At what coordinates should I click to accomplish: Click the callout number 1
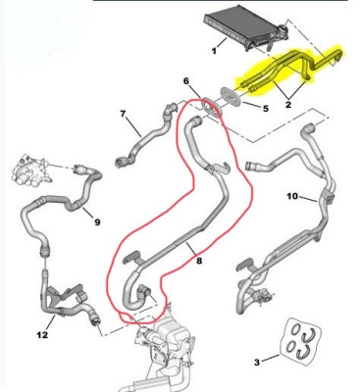click(214, 51)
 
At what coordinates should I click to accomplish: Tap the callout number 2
click(288, 105)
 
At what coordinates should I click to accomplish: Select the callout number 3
click(257, 362)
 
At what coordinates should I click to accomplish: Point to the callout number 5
click(265, 108)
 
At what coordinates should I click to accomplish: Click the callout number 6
click(186, 80)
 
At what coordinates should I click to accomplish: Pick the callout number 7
click(123, 114)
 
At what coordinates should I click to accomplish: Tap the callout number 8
click(199, 261)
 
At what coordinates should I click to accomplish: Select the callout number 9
click(97, 222)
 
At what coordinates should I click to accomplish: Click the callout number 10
click(292, 196)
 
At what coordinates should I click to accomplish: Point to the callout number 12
click(42, 335)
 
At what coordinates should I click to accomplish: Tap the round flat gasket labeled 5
click(231, 96)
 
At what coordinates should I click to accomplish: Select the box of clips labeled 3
click(302, 338)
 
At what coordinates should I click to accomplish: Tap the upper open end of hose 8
click(196, 122)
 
